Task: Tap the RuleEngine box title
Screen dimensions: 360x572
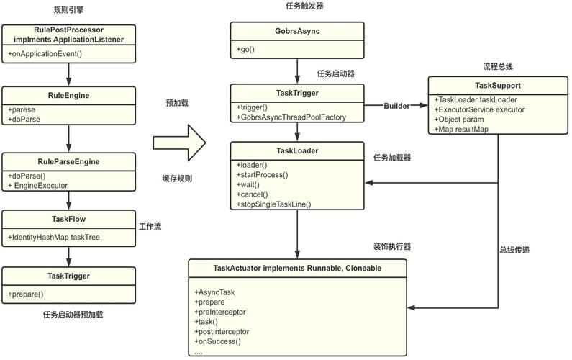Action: coord(68,94)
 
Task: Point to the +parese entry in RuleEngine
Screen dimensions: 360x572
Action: coord(22,109)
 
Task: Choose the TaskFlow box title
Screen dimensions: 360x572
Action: coord(68,219)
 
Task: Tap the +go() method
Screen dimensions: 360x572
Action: coord(246,49)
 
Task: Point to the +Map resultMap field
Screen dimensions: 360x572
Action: coord(462,129)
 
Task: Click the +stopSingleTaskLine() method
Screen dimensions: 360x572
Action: coord(273,204)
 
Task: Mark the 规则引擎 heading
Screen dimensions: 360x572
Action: coord(69,9)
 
